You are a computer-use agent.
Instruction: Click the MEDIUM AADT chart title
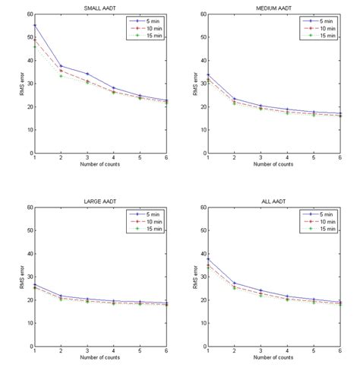pos(274,8)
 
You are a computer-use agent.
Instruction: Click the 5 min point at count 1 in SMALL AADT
pos(35,25)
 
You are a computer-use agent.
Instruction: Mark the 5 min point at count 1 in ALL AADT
pos(208,258)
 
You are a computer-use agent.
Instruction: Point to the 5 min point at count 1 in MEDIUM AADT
pos(208,74)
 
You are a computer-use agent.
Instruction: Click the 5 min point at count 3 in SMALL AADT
pos(87,73)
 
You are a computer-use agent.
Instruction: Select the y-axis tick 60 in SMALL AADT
pos(28,14)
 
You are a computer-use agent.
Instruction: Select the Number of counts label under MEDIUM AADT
pos(274,165)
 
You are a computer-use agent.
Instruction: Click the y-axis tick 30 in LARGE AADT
pos(28,277)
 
